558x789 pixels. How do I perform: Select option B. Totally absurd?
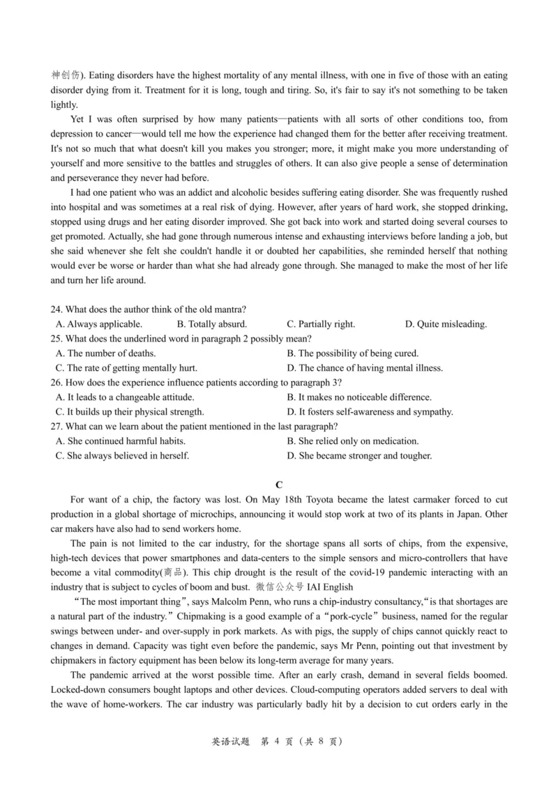click(212, 324)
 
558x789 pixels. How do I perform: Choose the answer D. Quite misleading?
click(446, 324)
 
